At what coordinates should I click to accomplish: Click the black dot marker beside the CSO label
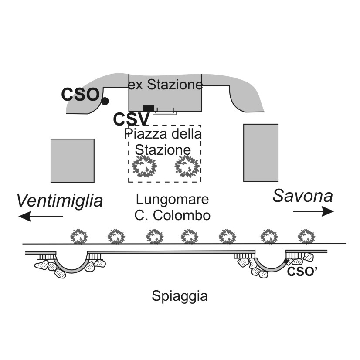tap(105, 101)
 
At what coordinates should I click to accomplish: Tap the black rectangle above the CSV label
tap(148, 108)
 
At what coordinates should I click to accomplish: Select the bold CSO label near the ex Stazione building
tap(80, 95)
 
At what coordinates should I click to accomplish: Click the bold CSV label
tap(131, 119)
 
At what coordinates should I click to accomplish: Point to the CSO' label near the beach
tap(302, 272)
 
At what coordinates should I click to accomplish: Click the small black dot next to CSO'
tap(286, 261)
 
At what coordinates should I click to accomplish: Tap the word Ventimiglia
tap(59, 200)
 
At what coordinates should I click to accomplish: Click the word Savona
tap(302, 196)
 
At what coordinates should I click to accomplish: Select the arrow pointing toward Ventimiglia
tap(41, 216)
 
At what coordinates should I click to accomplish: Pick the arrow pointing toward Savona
tap(313, 211)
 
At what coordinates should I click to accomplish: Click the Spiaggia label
tap(180, 296)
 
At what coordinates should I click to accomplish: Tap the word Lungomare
tap(172, 199)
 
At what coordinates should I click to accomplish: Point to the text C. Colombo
tap(173, 215)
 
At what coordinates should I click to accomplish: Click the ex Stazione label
tap(165, 85)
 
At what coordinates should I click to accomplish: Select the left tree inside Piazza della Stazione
tap(144, 166)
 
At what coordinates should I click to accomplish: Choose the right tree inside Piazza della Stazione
tap(187, 166)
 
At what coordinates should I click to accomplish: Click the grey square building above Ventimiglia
tap(72, 161)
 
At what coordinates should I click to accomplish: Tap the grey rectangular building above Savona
tap(261, 153)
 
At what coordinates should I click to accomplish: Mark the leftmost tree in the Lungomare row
tap(79, 236)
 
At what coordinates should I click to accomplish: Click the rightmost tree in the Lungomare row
tap(306, 236)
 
